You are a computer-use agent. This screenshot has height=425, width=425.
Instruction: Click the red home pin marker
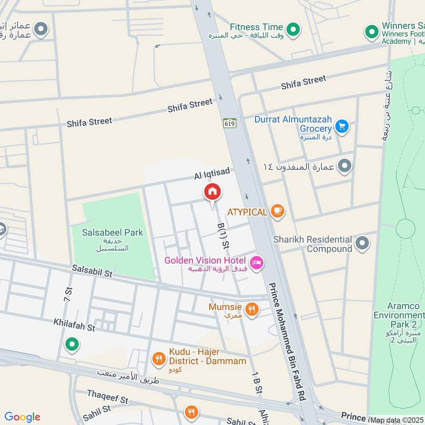tap(212, 192)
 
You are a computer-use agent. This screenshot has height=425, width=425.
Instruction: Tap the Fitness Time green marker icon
tap(292, 28)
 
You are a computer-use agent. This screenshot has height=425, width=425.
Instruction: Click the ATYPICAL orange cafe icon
tap(277, 211)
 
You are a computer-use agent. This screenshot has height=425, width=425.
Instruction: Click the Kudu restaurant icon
tap(158, 359)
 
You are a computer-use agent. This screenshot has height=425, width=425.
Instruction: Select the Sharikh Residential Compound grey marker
tap(362, 243)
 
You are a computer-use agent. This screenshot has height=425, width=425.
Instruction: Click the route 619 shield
tap(229, 123)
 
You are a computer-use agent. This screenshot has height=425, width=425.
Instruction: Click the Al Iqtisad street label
tap(211, 174)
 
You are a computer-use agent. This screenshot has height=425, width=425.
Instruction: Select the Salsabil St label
tap(92, 272)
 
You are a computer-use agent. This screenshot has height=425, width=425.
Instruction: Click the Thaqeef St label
tap(108, 398)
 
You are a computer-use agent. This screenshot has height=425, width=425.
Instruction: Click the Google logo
tap(22, 417)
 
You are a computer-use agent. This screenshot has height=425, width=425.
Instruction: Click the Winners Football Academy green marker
tap(371, 32)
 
